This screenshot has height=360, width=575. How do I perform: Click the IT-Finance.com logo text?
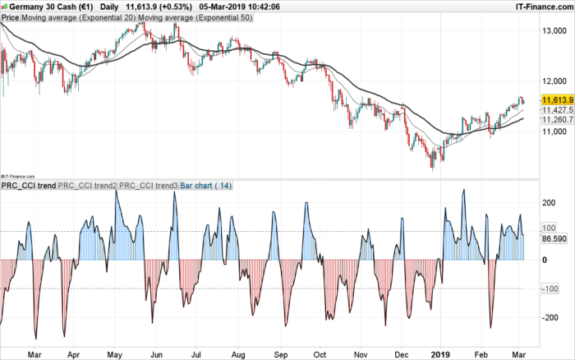coord(543,6)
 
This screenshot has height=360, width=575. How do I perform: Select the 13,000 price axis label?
coord(556,30)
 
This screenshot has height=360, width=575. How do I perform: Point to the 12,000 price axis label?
coord(556,81)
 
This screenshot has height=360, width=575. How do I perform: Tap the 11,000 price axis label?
coord(556,132)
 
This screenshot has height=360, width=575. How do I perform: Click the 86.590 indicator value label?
coord(556,239)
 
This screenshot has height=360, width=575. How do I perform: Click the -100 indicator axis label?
coord(550,288)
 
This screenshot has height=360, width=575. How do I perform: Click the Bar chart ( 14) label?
coord(206,186)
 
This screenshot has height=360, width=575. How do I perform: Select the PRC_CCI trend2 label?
coord(88,186)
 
